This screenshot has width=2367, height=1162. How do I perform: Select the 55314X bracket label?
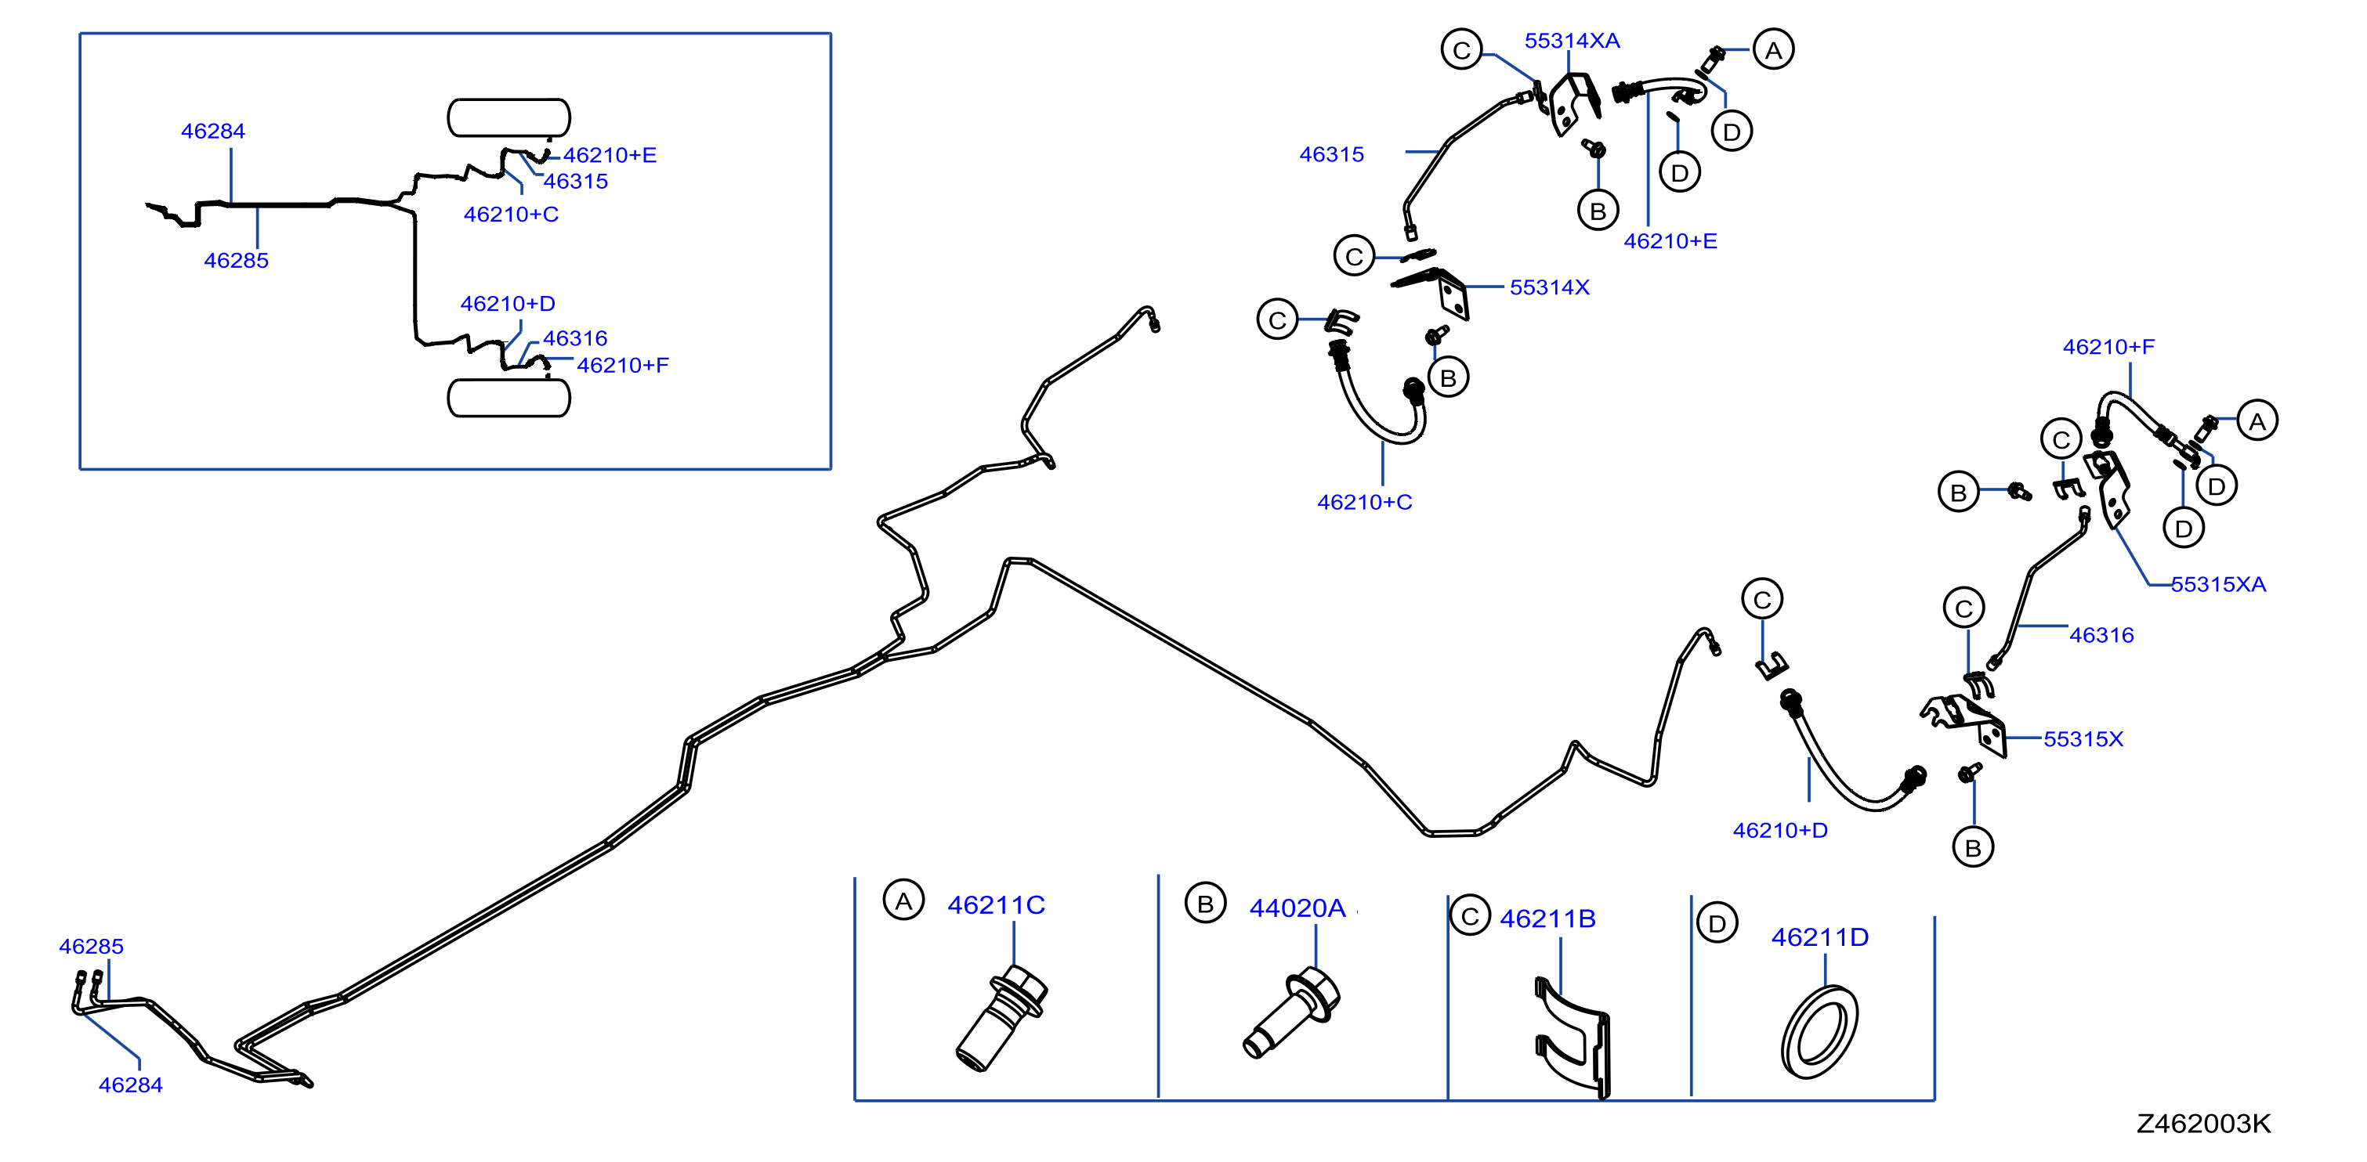click(1549, 287)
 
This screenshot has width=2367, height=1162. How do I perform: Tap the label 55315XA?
click(2217, 584)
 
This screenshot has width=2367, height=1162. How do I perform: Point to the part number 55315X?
click(2083, 739)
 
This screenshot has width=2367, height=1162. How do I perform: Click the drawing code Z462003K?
click(2202, 1124)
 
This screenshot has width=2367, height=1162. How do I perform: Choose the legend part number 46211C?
click(996, 906)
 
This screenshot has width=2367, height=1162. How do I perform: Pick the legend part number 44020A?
click(1298, 908)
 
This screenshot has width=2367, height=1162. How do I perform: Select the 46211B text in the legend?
click(1547, 918)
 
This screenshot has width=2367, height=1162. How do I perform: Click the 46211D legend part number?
click(1819, 937)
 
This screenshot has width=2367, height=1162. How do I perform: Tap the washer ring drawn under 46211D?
click(1819, 1033)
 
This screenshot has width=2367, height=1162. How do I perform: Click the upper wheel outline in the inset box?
click(509, 117)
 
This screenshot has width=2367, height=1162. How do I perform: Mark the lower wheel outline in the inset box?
click(509, 398)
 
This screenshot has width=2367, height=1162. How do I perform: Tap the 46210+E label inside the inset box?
click(610, 155)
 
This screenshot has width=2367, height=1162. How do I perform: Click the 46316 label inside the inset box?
click(574, 338)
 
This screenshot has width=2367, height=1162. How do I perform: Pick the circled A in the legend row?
click(903, 901)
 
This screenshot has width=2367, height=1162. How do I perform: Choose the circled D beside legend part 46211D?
click(1717, 923)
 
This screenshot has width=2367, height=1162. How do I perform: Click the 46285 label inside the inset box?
click(236, 261)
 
